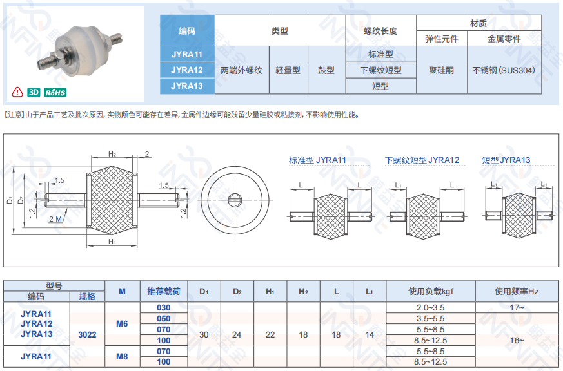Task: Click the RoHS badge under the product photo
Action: pyautogui.click(x=55, y=93)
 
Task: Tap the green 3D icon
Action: pyautogui.click(x=34, y=93)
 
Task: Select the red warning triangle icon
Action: pyautogui.click(x=17, y=92)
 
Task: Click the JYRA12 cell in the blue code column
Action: pyautogui.click(x=187, y=70)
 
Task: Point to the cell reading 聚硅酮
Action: pyautogui.click(x=442, y=70)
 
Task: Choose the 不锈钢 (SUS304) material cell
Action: pyautogui.click(x=504, y=70)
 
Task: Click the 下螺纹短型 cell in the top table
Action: pyautogui.click(x=380, y=70)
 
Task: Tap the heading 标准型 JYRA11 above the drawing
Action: pyautogui.click(x=317, y=160)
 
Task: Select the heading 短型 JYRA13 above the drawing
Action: pyautogui.click(x=506, y=160)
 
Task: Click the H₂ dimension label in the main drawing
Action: pyautogui.click(x=112, y=154)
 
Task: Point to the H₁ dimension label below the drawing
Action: pyautogui.click(x=112, y=242)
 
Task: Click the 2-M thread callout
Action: pyautogui.click(x=55, y=219)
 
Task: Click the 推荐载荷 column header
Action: pyautogui.click(x=164, y=291)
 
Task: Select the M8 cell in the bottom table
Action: pyautogui.click(x=122, y=356)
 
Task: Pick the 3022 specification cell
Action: pyautogui.click(x=87, y=334)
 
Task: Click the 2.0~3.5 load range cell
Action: pyautogui.click(x=431, y=307)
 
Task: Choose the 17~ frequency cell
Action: pyautogui.click(x=517, y=307)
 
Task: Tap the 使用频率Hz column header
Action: pyautogui.click(x=517, y=291)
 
